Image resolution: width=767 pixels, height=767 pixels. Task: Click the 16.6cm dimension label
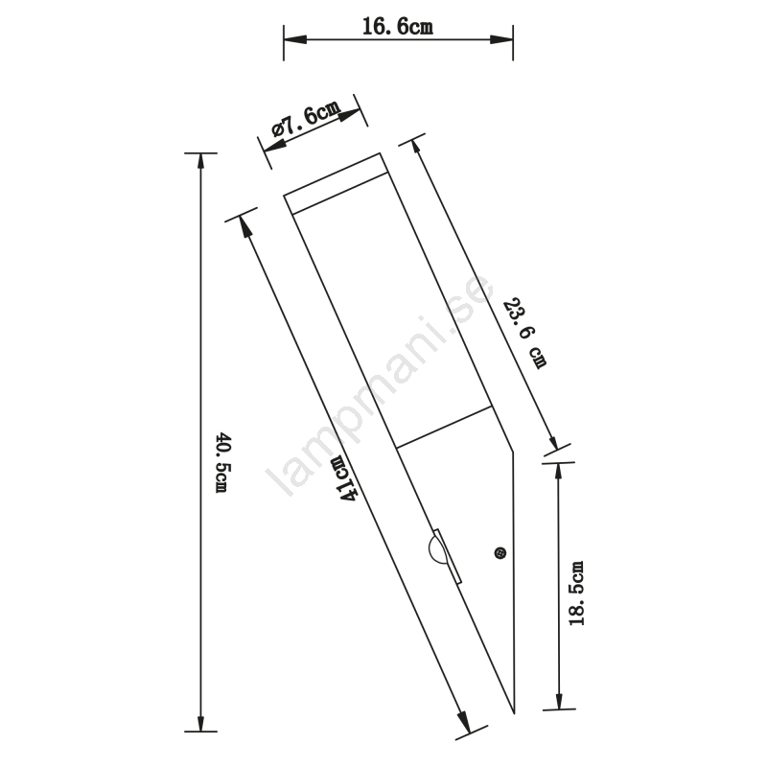pyautogui.click(x=398, y=26)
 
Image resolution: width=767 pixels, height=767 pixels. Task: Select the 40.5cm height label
pyautogui.click(x=223, y=462)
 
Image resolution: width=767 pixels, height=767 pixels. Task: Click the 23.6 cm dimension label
pyautogui.click(x=524, y=333)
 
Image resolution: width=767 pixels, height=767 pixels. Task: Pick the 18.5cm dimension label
pyautogui.click(x=576, y=593)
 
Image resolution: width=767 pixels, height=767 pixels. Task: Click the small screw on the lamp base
pyautogui.click(x=500, y=553)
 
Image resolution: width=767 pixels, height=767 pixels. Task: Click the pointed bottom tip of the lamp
pyautogui.click(x=514, y=712)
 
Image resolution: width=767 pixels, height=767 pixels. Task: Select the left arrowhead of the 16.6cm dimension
pyautogui.click(x=295, y=39)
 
